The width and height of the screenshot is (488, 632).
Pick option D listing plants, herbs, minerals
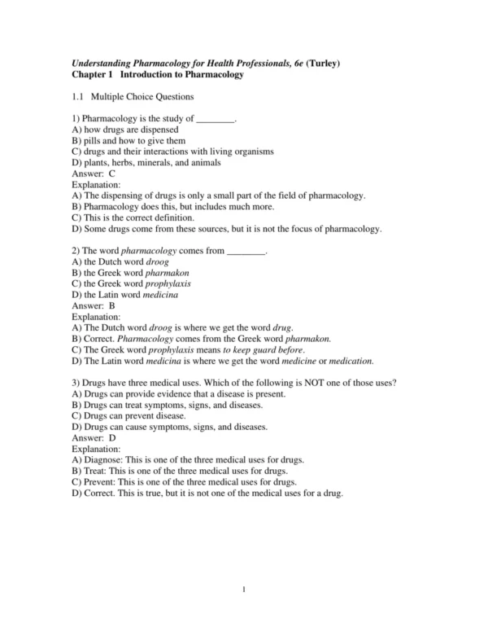click(146, 162)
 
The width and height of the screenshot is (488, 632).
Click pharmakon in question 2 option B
click(166, 273)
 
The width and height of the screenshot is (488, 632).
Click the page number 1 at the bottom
click(243, 589)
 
